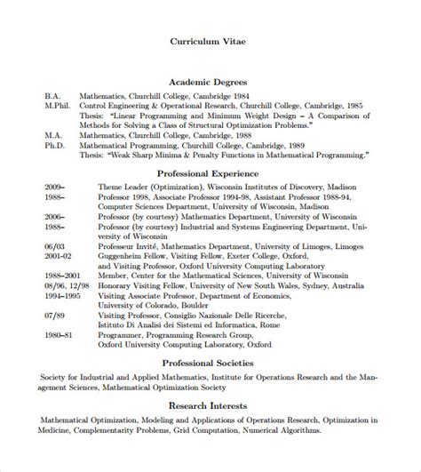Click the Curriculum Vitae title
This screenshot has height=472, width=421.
210,39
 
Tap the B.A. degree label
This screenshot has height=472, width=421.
52,95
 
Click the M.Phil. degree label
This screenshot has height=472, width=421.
56,105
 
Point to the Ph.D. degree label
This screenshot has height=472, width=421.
53,144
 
